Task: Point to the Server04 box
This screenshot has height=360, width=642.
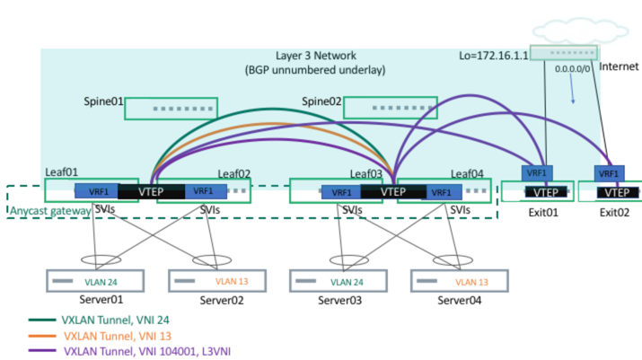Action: [458, 281]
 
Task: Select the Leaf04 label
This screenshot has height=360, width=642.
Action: [468, 173]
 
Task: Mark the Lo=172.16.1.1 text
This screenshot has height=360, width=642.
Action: [489, 56]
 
